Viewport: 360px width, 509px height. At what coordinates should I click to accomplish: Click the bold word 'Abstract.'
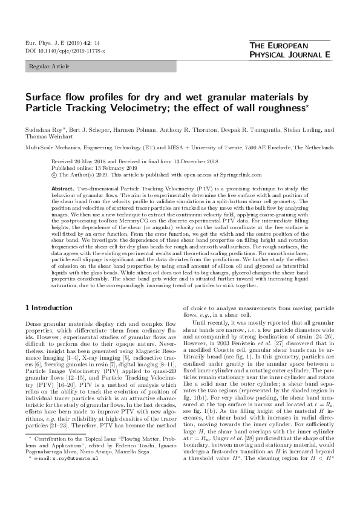(x=64, y=189)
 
